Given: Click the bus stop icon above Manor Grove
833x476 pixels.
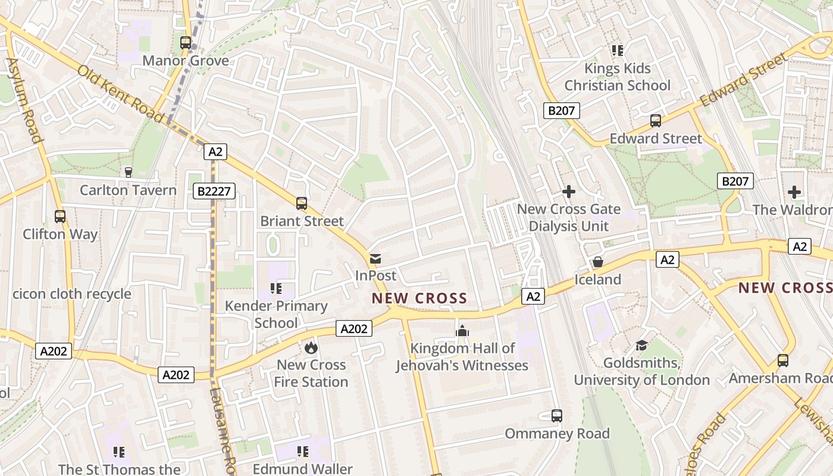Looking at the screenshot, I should [x=186, y=43].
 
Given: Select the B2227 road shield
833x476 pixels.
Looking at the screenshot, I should [x=214, y=191].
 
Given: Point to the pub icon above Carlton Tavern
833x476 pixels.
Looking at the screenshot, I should [x=128, y=173].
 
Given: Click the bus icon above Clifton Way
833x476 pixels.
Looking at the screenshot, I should [x=60, y=217].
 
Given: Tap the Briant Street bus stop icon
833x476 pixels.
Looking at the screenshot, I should [x=302, y=203].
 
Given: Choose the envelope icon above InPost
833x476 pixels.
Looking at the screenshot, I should [x=375, y=259].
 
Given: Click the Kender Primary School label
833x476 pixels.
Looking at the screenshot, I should [x=276, y=314].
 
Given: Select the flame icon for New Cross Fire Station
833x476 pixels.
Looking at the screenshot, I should [x=311, y=347].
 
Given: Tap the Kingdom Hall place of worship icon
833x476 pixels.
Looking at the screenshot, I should [x=462, y=331].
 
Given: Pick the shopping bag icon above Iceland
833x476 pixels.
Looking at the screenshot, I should [x=598, y=262].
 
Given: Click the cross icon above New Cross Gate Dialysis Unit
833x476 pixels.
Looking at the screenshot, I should [x=569, y=192].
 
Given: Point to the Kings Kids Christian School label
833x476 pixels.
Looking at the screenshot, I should [x=617, y=77].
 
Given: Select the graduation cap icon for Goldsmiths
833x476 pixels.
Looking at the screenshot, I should [x=641, y=346].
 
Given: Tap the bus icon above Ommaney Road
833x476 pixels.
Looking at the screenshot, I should [x=557, y=416].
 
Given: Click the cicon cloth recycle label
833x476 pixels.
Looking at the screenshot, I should [x=72, y=294].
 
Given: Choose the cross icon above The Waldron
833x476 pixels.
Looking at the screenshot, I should [x=794, y=192].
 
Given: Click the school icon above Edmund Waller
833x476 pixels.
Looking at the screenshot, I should [x=303, y=452].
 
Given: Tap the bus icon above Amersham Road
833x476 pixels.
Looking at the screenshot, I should [x=783, y=361].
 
